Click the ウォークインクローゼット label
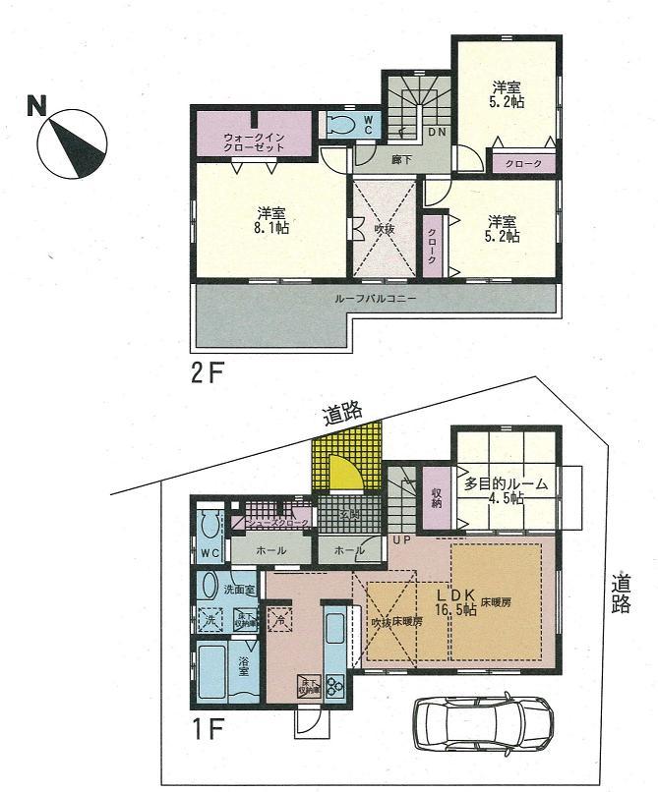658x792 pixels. tap(254, 141)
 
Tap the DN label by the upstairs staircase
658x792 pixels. tap(437, 133)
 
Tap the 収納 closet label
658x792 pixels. tap(436, 498)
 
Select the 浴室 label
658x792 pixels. tap(244, 665)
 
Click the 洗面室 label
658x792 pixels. tap(239, 591)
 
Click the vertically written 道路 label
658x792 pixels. tap(620, 593)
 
